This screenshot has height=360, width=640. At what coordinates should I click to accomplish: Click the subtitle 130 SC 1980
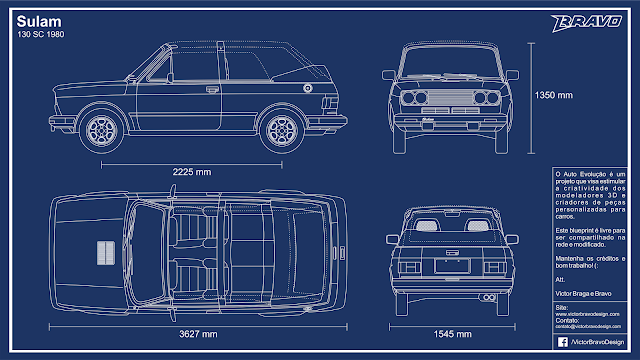[37, 35]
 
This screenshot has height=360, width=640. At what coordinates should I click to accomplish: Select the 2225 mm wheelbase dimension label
[191, 171]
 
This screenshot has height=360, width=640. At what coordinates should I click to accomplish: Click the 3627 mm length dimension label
[191, 331]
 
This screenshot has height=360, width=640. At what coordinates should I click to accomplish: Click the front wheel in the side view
[102, 129]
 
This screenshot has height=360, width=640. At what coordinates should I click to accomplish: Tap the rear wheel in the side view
[278, 129]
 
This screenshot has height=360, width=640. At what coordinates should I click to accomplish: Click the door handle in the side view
[211, 89]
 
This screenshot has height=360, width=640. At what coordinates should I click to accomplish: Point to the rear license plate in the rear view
[448, 267]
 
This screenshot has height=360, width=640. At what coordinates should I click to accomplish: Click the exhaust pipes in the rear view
[489, 297]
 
